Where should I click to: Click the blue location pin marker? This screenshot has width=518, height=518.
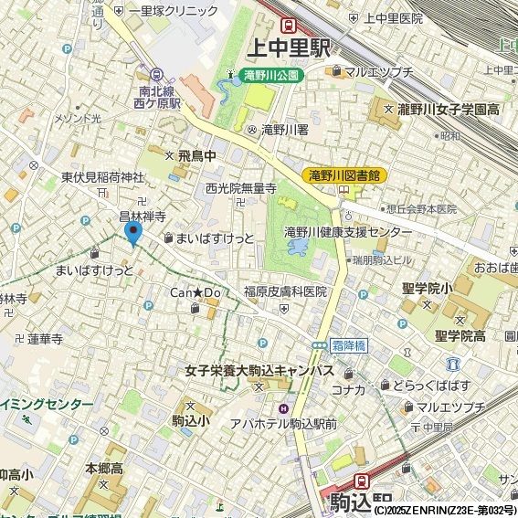pyautogui.click(x=133, y=234)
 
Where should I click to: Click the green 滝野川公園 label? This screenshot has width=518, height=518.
pyautogui.click(x=271, y=77)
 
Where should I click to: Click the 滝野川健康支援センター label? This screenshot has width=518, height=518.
pyautogui.click(x=348, y=232)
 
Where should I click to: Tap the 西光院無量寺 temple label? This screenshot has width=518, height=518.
pyautogui.click(x=240, y=188)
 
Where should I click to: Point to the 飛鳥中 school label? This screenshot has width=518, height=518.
pyautogui.click(x=197, y=156)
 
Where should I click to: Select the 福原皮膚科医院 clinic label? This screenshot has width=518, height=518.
pyautogui.click(x=284, y=292)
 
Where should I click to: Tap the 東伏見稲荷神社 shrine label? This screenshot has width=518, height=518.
pyautogui.click(x=102, y=177)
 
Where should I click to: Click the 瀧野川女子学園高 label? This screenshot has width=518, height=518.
pyautogui.click(x=449, y=110)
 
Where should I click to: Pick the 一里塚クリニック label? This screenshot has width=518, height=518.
pyautogui.click(x=173, y=11)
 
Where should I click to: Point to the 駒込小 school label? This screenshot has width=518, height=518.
pyautogui.click(x=189, y=420)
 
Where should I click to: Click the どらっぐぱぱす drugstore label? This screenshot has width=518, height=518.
pyautogui.click(x=431, y=386)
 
